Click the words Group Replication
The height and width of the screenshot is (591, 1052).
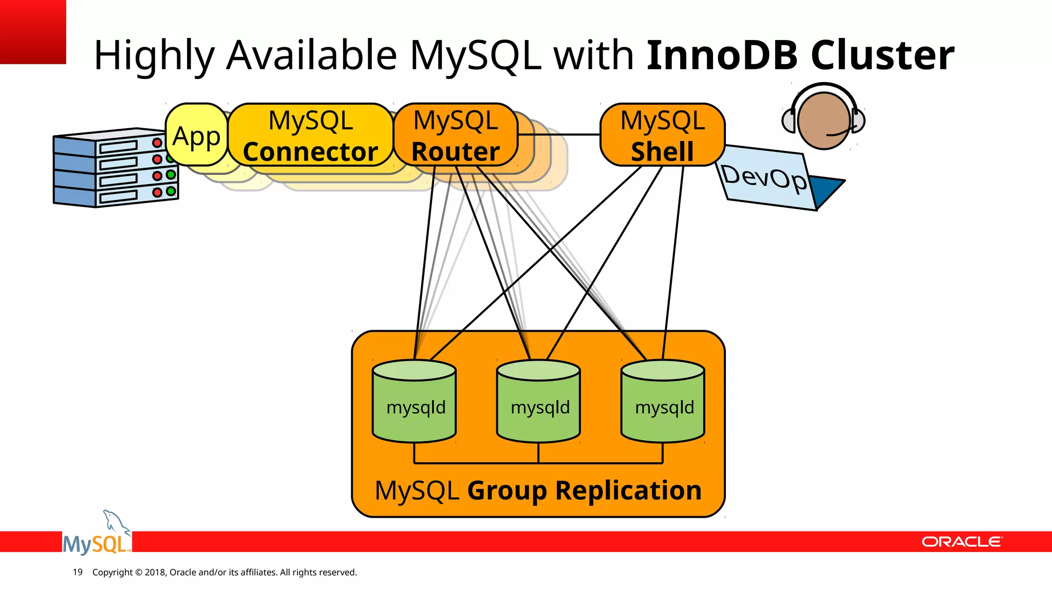[584, 490]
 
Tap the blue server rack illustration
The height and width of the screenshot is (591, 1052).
[115, 168]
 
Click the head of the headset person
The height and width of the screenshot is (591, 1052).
[823, 121]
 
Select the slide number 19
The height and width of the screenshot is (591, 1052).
[78, 572]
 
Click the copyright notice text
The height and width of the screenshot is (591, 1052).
[224, 572]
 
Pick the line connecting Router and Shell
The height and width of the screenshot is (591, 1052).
[559, 134]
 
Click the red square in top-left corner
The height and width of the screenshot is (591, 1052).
[33, 32]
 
